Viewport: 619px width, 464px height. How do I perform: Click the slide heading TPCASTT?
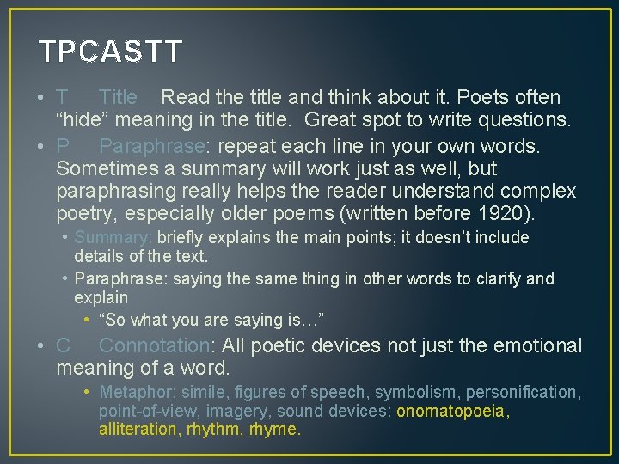pyautogui.click(x=111, y=52)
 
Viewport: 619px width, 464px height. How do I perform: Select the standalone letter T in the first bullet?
pyautogui.click(x=63, y=98)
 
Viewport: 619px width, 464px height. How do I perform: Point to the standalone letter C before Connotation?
pyautogui.click(x=63, y=346)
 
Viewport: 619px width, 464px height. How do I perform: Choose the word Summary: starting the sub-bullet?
pyautogui.click(x=113, y=238)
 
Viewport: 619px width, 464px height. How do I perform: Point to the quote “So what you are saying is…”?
pyautogui.click(x=211, y=321)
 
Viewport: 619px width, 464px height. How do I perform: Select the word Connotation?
pyautogui.click(x=154, y=346)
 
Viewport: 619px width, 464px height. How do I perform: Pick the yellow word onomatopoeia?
pyautogui.click(x=451, y=412)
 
